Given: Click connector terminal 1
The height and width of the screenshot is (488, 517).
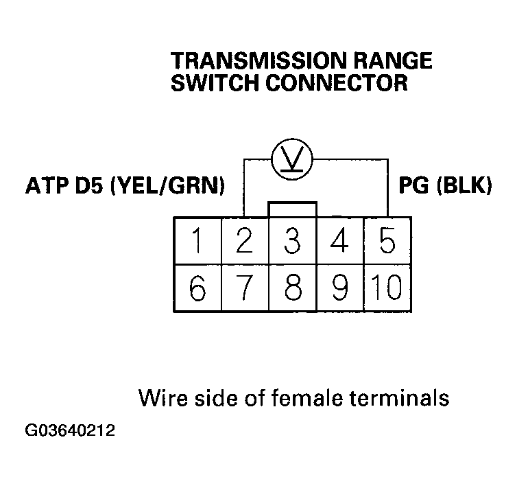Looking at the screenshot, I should coord(197,242).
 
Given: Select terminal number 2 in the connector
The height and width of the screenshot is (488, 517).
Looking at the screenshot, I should coord(245,242).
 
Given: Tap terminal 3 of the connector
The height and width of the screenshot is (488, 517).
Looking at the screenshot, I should coord(293,242).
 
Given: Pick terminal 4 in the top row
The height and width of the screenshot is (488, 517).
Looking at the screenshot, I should coord(340,242).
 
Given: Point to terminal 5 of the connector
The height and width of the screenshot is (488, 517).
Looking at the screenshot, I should coord(387,242).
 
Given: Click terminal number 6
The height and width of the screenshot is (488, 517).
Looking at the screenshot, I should coord(197,289).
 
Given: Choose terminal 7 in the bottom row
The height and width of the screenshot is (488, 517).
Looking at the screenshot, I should coord(245,289).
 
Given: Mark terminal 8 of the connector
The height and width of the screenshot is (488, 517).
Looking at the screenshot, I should coord(293,289).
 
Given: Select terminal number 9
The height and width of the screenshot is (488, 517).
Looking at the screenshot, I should coord(340,289).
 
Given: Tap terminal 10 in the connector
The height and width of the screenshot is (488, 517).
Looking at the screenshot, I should coord(387,289).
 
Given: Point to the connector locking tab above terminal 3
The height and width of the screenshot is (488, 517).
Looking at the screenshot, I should coord(293,209).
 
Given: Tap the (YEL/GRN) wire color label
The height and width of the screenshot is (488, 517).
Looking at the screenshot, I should coord(167,186).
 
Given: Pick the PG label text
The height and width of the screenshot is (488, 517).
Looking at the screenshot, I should coord(414,186).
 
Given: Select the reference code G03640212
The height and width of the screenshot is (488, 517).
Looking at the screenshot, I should coord(70,432).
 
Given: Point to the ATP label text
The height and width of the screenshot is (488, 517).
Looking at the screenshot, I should coord(46,186).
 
